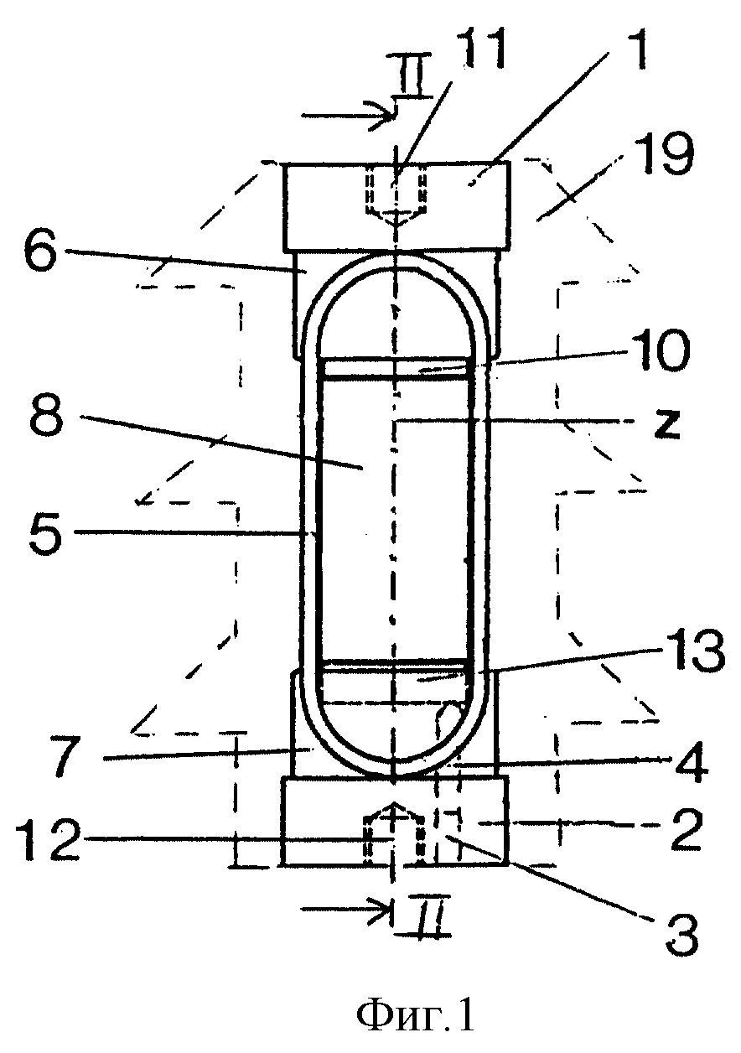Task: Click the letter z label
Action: tap(666, 424)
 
